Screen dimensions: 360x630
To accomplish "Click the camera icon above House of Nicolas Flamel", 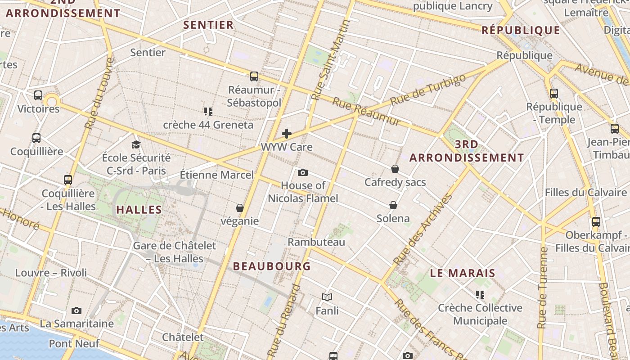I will coord(303,172).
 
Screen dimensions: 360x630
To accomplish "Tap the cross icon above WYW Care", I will coord(287,134).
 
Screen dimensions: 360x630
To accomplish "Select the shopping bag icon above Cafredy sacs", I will coord(395,169).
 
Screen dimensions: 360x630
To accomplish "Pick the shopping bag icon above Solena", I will coord(393,205).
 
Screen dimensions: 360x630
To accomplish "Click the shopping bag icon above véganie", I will coord(240,208).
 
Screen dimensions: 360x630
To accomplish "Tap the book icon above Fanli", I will coord(327,297).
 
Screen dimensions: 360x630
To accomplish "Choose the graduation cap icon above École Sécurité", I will coord(136,144).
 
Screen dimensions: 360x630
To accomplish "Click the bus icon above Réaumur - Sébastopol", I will coord(254,76).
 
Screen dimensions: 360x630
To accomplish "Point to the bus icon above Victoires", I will coord(38,95).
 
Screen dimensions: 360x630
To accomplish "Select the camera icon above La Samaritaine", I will coord(76,310).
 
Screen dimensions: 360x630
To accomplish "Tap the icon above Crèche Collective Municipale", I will coord(480,295).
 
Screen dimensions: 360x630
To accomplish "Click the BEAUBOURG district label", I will coord(272,266).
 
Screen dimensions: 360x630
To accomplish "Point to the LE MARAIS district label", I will coord(463,273).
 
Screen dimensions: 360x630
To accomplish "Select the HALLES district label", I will coord(139,210).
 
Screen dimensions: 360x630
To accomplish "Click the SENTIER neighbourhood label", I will coord(208,25).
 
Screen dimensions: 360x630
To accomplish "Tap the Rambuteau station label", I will coord(316,242).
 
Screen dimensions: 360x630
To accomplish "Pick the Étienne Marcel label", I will coord(216,175).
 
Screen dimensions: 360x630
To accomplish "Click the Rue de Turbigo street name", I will coord(428,90).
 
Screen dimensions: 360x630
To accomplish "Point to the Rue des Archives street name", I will coord(423,229).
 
